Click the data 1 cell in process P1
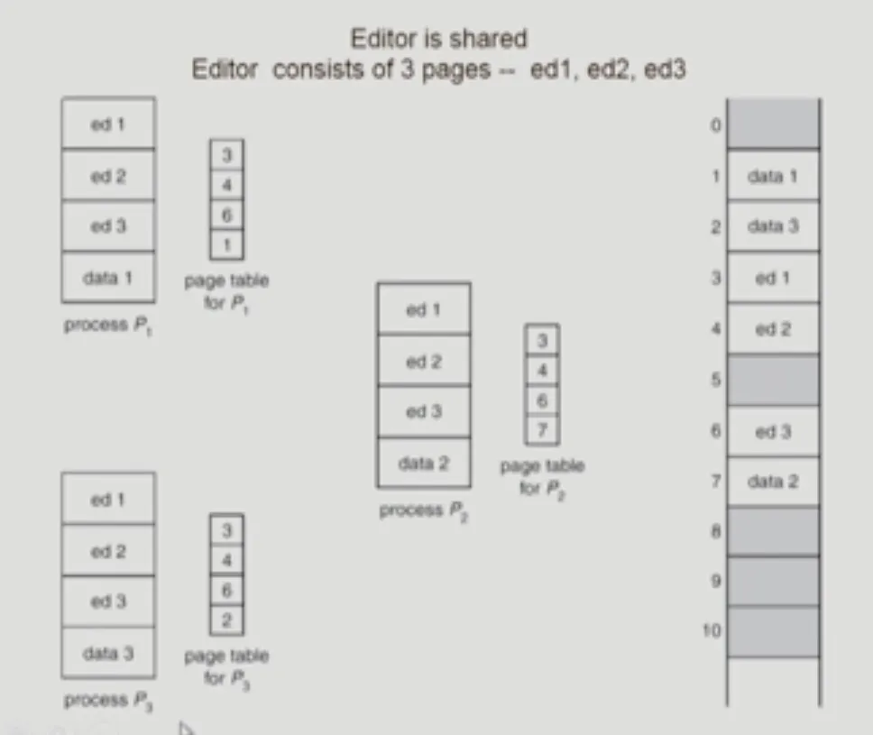[107, 278]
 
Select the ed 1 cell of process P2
[423, 309]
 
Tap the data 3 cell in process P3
[107, 652]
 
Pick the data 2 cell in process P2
[423, 463]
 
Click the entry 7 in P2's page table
[542, 429]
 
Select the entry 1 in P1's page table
[226, 244]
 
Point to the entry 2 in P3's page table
[226, 620]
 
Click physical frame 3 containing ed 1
[772, 278]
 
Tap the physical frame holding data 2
[772, 482]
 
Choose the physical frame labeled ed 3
[772, 432]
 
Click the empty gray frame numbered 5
[772, 380]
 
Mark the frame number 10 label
[712, 629]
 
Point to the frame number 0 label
[715, 125]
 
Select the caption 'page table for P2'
[542, 477]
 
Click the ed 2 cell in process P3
[107, 551]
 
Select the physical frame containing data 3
[772, 226]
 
